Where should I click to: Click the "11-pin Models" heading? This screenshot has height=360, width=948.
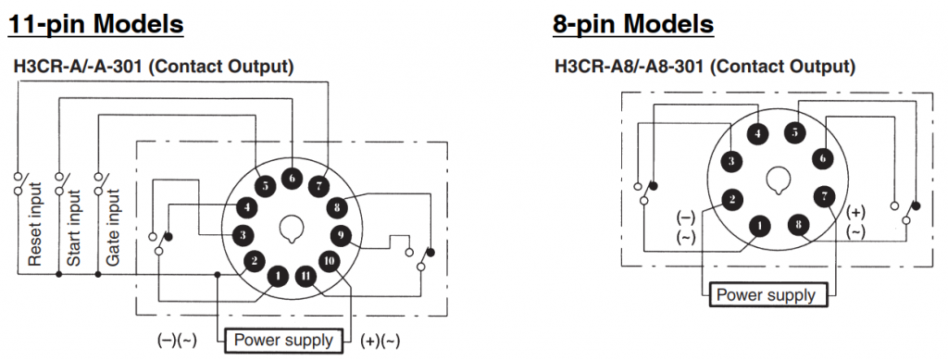[95, 25]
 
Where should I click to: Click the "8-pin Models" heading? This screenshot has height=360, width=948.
[633, 25]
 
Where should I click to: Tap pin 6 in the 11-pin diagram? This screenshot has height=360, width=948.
[292, 179]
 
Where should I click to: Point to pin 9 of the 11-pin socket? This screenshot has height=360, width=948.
[341, 235]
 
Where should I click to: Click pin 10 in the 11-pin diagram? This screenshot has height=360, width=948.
[330, 261]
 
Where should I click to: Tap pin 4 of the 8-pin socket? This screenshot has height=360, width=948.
[757, 134]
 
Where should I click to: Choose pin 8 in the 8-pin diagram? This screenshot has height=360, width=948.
[799, 225]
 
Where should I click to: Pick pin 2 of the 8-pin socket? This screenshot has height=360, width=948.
[731, 199]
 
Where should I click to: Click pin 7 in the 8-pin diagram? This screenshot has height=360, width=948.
[824, 196]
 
